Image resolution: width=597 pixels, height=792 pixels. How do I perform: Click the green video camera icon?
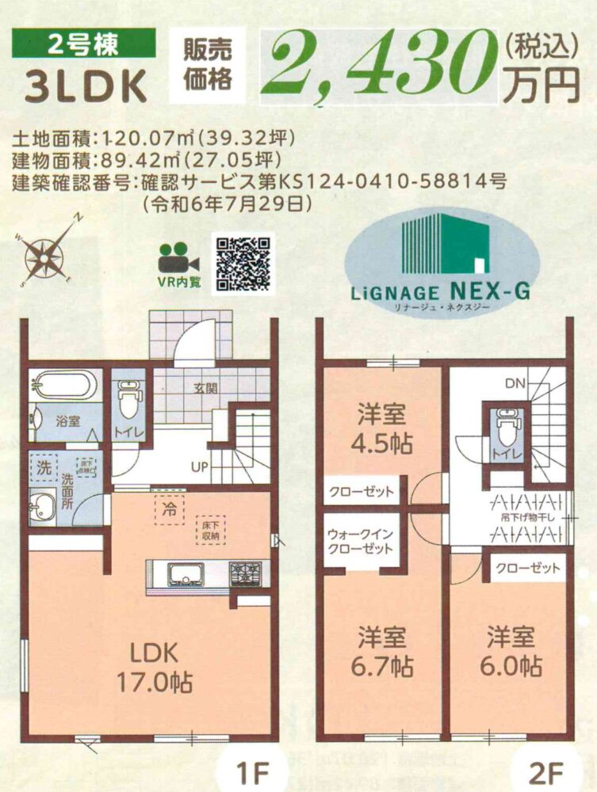[178, 258]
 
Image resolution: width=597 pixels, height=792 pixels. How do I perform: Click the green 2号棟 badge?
[83, 44]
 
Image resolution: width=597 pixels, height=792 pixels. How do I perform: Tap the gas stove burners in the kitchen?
[247, 574]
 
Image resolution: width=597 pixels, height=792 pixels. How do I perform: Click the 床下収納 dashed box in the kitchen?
[210, 531]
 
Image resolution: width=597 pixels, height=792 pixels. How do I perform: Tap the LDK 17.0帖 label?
[154, 668]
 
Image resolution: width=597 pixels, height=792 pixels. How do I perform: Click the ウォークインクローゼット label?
[360, 542]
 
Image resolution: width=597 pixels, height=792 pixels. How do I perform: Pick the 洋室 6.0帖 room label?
[511, 652]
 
